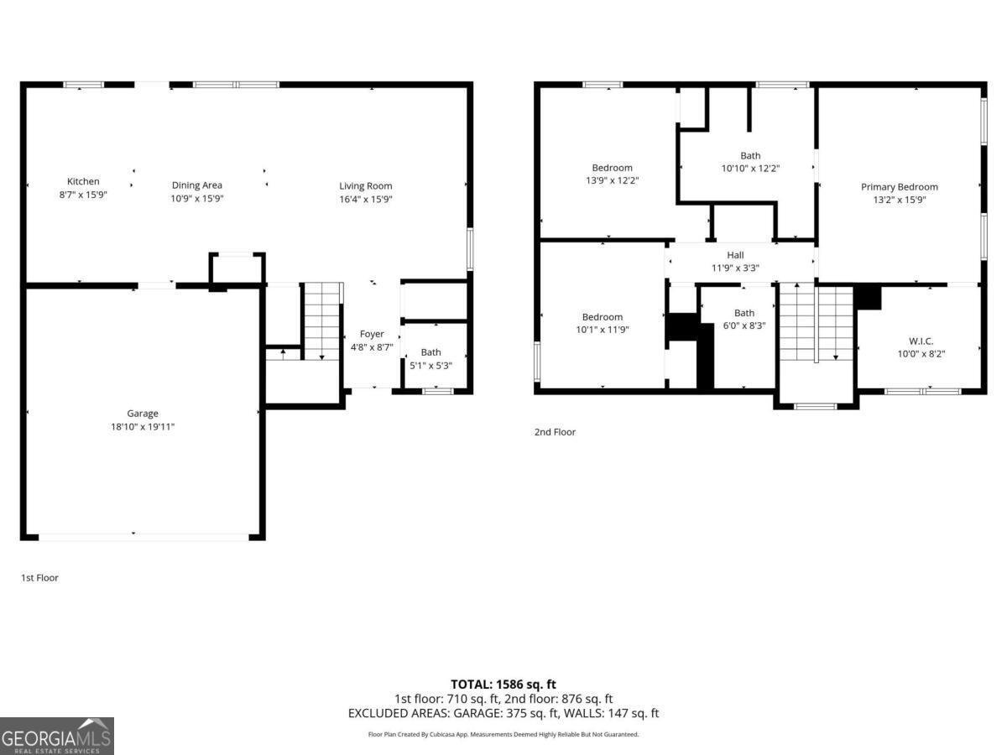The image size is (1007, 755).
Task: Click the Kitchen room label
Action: (x=83, y=181)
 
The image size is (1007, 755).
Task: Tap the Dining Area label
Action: (x=196, y=185)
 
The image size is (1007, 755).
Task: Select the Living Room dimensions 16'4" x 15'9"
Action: (x=366, y=199)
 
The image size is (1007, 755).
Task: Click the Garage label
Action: (x=143, y=414)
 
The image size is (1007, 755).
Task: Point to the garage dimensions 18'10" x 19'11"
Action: (x=143, y=427)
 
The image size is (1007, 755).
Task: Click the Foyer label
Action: (x=372, y=334)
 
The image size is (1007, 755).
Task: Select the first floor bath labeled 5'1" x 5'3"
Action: (x=430, y=358)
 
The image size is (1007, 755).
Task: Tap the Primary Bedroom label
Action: (x=900, y=187)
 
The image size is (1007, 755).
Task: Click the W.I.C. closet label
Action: (x=921, y=341)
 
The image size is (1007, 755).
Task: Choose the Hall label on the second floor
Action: (x=735, y=255)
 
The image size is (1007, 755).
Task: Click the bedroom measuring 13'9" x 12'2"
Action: (x=612, y=174)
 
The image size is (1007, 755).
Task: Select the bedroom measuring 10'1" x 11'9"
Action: (x=603, y=323)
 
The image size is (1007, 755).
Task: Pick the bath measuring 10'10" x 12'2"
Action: (x=750, y=161)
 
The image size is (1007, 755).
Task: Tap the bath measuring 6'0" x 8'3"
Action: (x=744, y=319)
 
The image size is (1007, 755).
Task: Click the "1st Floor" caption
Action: (x=39, y=578)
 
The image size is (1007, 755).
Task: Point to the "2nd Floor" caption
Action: (x=555, y=432)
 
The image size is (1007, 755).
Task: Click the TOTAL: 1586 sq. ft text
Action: (x=503, y=685)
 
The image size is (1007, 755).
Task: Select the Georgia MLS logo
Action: (x=56, y=736)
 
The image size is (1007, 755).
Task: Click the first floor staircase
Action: (x=321, y=322)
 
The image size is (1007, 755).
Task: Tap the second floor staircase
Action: (x=815, y=323)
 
